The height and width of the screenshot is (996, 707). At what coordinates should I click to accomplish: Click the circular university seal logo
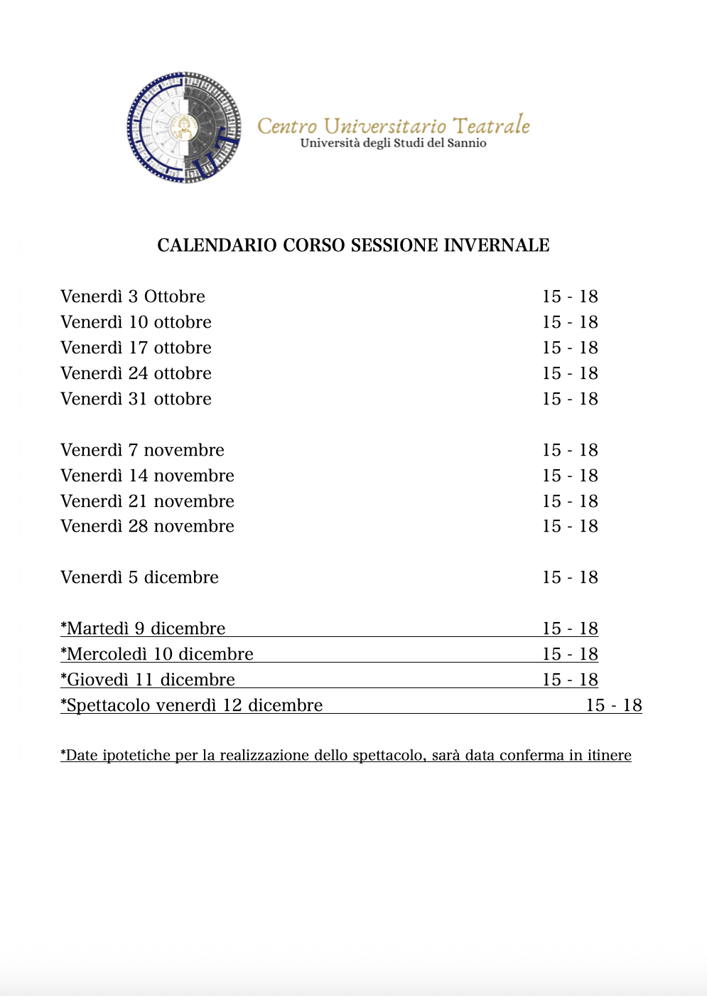click(x=184, y=127)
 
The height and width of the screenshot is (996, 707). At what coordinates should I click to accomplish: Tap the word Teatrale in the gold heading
click(x=491, y=126)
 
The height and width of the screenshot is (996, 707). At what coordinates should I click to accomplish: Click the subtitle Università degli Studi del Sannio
click(x=393, y=144)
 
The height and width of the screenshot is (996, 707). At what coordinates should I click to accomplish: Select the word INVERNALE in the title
click(x=497, y=245)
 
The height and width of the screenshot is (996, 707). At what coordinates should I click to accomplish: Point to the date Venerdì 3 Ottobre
click(x=133, y=296)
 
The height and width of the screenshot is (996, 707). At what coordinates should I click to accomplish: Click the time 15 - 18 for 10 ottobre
click(x=570, y=322)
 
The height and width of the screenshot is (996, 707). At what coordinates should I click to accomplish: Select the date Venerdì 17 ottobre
click(x=136, y=348)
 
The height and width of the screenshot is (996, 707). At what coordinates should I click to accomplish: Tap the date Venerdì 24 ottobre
click(x=136, y=373)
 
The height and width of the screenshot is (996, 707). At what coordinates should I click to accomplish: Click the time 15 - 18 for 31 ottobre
click(x=570, y=399)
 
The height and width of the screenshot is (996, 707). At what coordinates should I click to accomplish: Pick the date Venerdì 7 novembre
click(x=142, y=450)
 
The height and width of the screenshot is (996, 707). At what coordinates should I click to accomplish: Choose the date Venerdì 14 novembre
click(x=147, y=476)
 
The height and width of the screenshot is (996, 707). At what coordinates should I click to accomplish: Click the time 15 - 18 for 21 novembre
click(x=570, y=501)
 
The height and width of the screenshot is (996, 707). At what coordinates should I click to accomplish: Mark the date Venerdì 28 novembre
click(x=147, y=526)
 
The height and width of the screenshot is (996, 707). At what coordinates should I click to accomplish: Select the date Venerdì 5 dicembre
click(x=139, y=577)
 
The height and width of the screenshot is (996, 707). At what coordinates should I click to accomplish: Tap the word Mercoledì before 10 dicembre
click(x=107, y=654)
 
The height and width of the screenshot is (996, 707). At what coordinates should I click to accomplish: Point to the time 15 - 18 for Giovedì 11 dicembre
click(x=570, y=680)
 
